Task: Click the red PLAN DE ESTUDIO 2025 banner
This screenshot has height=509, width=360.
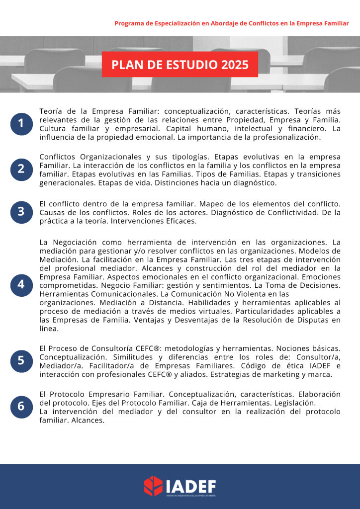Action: (x=180, y=65)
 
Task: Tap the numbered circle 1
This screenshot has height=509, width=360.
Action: (x=21, y=124)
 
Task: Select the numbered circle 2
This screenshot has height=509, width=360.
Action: (x=21, y=169)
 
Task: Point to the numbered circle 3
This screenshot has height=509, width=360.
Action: (x=21, y=212)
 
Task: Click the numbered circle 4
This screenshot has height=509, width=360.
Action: (x=21, y=284)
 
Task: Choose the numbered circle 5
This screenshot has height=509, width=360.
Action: (x=21, y=360)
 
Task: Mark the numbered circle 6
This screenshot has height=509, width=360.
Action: (x=21, y=406)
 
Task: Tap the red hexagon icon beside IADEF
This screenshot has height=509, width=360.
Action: (x=153, y=486)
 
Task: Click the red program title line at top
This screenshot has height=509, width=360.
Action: (x=231, y=23)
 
